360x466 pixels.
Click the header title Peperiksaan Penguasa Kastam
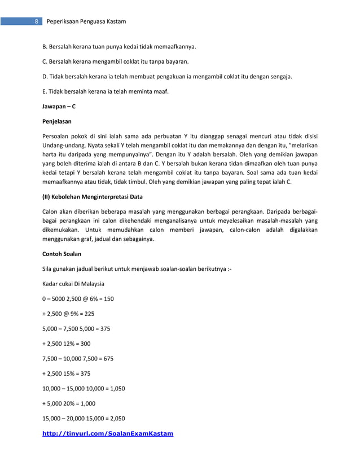(85, 21)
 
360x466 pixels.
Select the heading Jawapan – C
(59, 105)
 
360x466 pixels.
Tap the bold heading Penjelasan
(56, 121)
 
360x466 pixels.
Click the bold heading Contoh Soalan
(61, 254)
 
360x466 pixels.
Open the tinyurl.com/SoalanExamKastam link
(108, 433)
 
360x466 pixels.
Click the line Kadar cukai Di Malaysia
(73, 283)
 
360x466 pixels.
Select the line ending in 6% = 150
(78, 298)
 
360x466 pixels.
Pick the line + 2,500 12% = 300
(66, 343)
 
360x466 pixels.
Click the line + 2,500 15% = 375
(66, 373)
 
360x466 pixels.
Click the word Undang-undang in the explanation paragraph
(63, 145)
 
